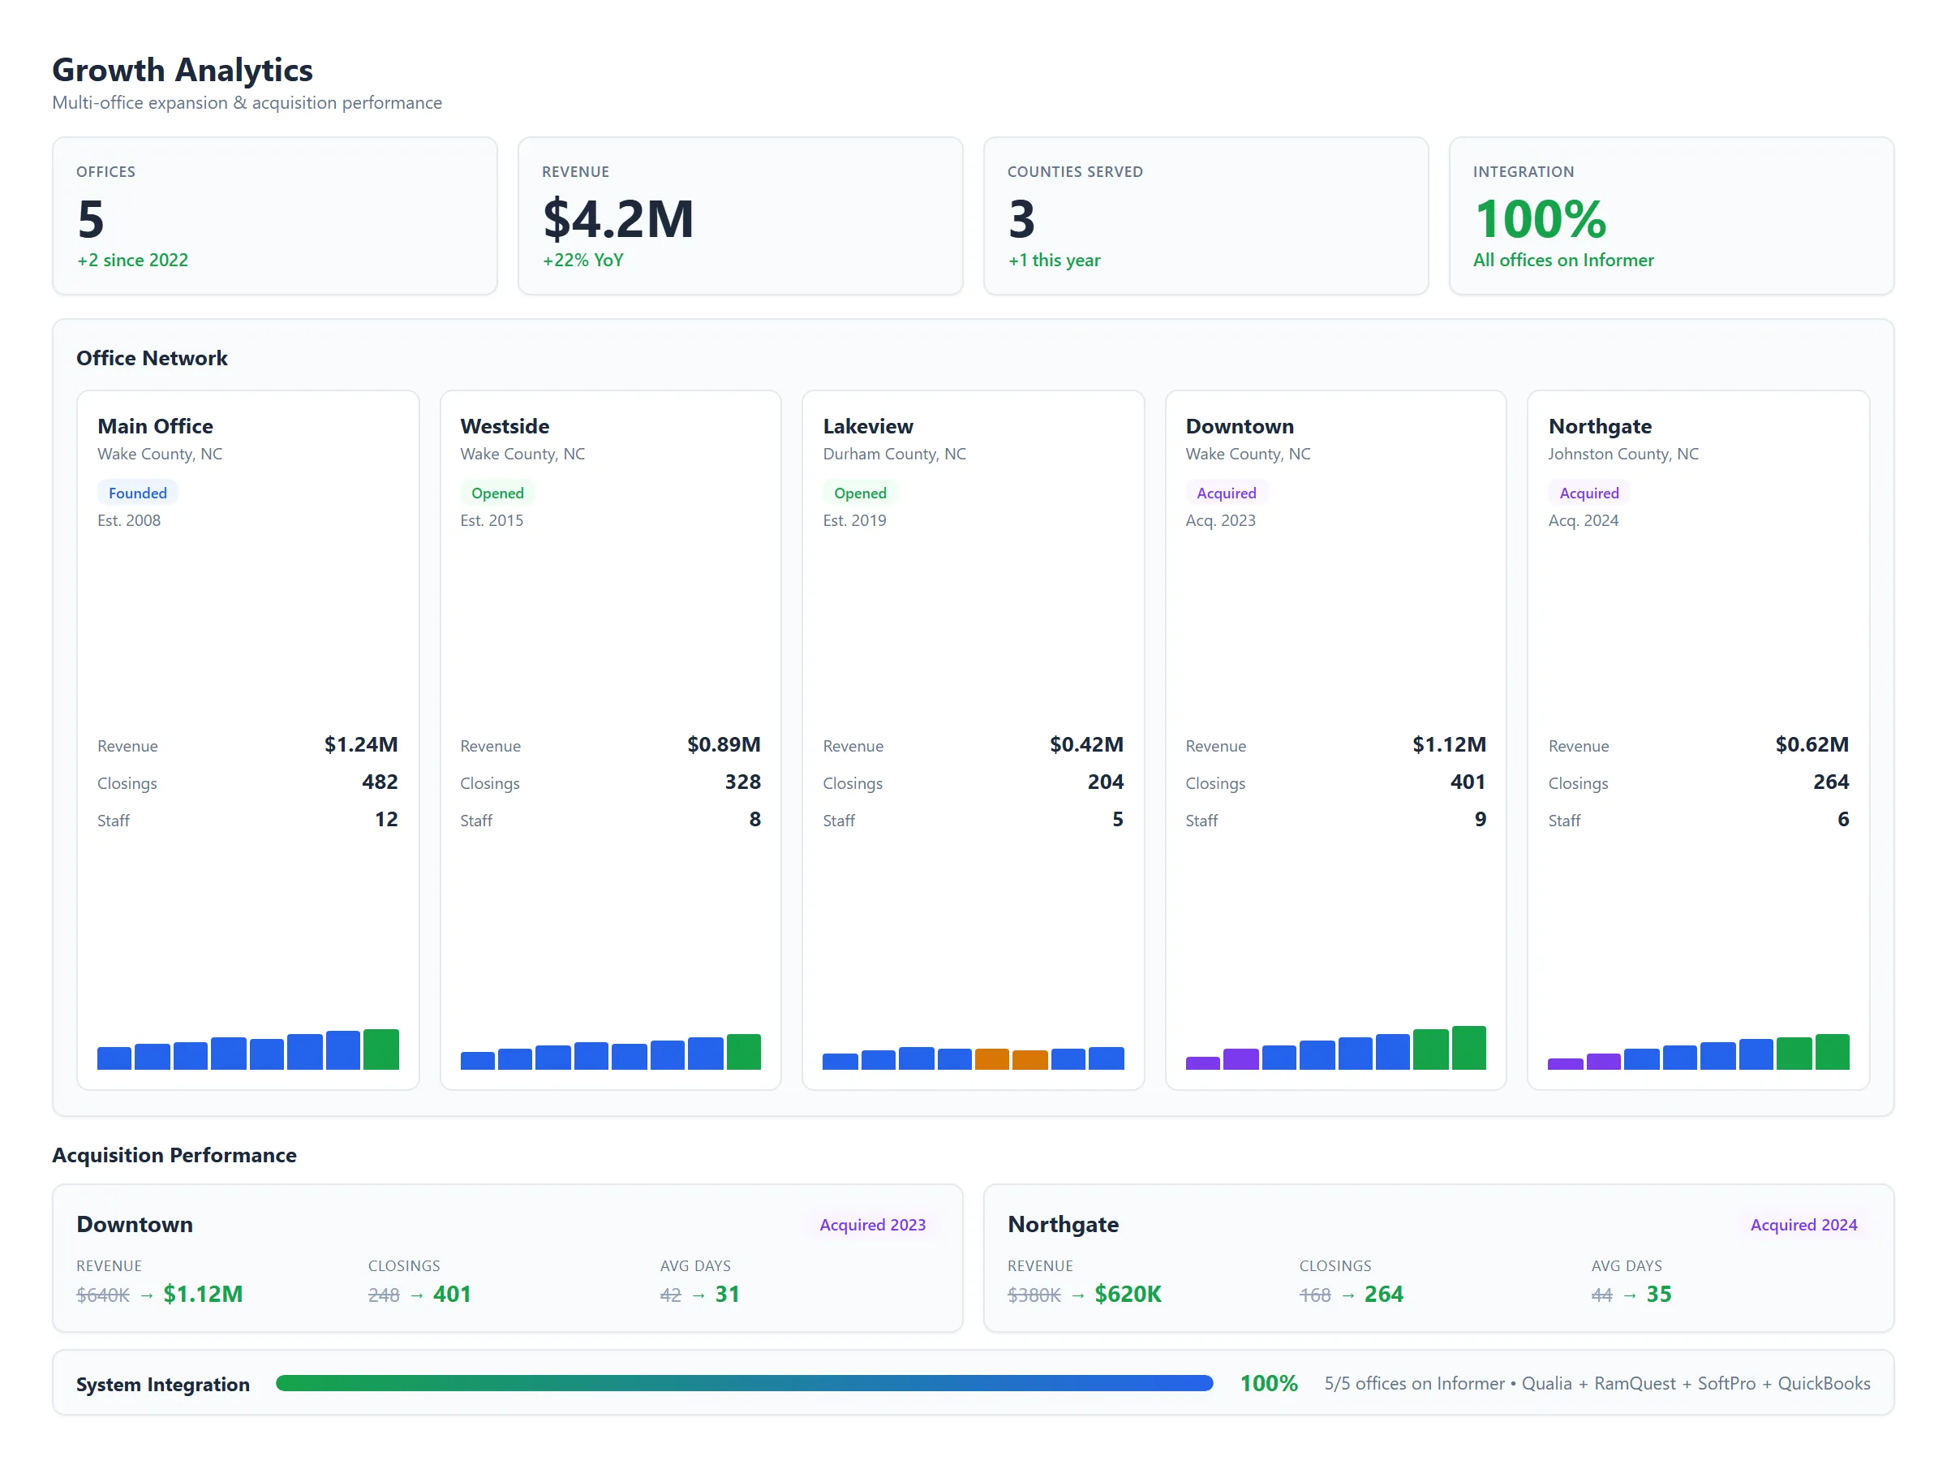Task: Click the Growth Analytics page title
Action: [183, 70]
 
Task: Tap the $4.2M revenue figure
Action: [618, 219]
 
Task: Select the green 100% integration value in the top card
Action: [1540, 219]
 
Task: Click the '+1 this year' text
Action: [1054, 261]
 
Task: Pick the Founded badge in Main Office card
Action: [137, 493]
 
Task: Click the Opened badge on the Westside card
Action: [497, 493]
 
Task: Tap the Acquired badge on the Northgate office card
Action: [1588, 493]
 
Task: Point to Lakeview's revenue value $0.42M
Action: [1085, 745]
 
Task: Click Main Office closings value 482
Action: [380, 782]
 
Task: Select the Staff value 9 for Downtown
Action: [1480, 820]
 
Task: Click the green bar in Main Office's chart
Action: [381, 1049]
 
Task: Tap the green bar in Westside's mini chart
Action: [744, 1053]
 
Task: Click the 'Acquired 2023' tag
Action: [871, 1225]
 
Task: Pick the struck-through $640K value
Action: [103, 1295]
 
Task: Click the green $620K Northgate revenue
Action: [1128, 1295]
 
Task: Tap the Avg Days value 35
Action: [1658, 1295]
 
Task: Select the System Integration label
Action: [163, 1385]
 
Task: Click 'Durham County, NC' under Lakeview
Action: [893, 455]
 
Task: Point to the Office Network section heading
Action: [152, 359]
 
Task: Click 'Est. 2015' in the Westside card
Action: [491, 520]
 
